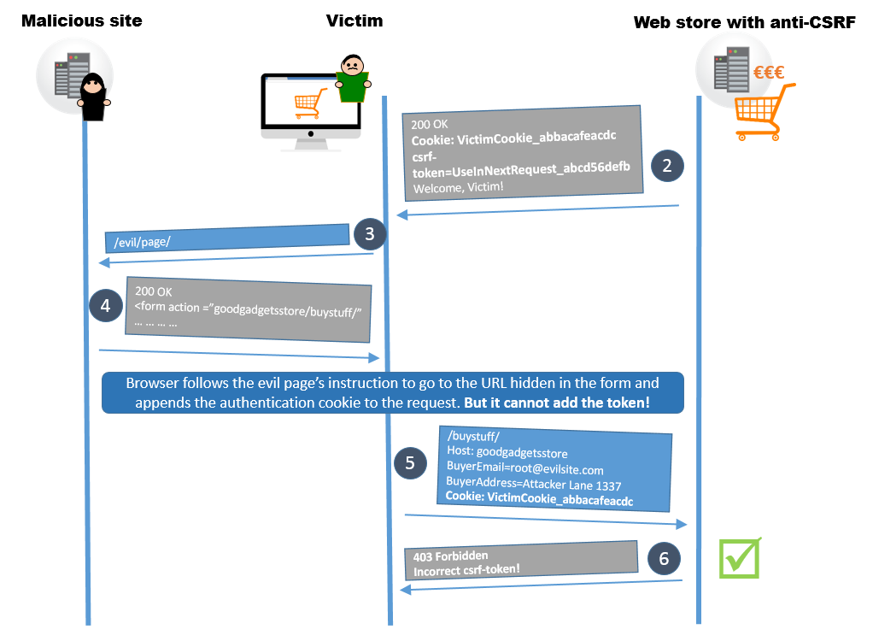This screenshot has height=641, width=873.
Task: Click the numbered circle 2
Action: (x=667, y=165)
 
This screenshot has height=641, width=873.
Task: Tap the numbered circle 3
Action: (x=368, y=233)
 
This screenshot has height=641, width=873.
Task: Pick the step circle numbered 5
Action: (x=410, y=462)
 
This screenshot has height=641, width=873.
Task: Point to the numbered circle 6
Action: (x=664, y=559)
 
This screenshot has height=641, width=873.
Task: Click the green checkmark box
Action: (x=739, y=558)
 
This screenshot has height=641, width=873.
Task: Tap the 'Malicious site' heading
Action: (x=82, y=21)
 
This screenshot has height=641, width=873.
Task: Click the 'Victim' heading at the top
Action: (x=354, y=21)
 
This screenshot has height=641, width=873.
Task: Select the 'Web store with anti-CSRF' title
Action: (x=744, y=22)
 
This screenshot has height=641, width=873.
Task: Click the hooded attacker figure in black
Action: (x=92, y=96)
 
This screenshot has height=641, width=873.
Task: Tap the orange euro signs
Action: (x=769, y=74)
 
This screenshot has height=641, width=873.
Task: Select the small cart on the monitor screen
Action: (x=309, y=103)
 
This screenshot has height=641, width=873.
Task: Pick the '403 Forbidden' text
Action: (x=450, y=556)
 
